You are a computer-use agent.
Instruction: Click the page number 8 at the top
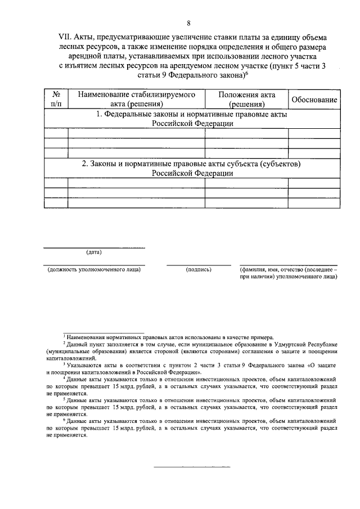[189, 23]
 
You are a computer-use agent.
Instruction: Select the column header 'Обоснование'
[314, 100]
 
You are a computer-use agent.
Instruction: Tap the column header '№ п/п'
[56, 99]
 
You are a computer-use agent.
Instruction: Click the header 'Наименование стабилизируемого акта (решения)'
[136, 99]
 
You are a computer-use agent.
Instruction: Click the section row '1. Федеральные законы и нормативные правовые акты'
[191, 119]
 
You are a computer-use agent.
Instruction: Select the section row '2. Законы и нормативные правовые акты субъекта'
[191, 168]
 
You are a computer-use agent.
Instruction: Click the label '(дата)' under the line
[93, 251]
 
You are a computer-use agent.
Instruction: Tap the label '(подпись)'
[198, 269]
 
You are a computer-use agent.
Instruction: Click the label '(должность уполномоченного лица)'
[94, 269]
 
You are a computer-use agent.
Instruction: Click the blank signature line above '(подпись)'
[198, 265]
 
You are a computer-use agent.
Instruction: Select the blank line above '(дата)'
[94, 247]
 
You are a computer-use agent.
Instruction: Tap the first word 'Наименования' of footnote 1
[84, 335]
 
